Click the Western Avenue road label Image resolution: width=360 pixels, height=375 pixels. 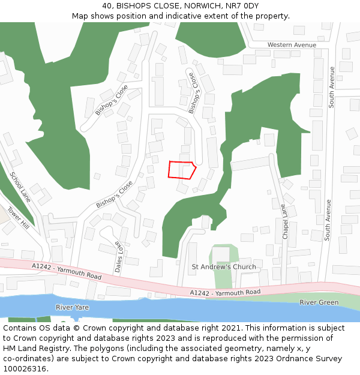[292, 45]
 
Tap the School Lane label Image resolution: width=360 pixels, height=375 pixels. [20, 187]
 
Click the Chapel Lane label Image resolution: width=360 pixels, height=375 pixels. [284, 221]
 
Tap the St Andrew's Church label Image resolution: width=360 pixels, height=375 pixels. [223, 266]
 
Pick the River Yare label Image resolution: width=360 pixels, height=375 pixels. [72, 307]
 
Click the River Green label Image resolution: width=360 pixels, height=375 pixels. [319, 302]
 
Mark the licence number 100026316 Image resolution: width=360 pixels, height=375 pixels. [25, 368]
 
